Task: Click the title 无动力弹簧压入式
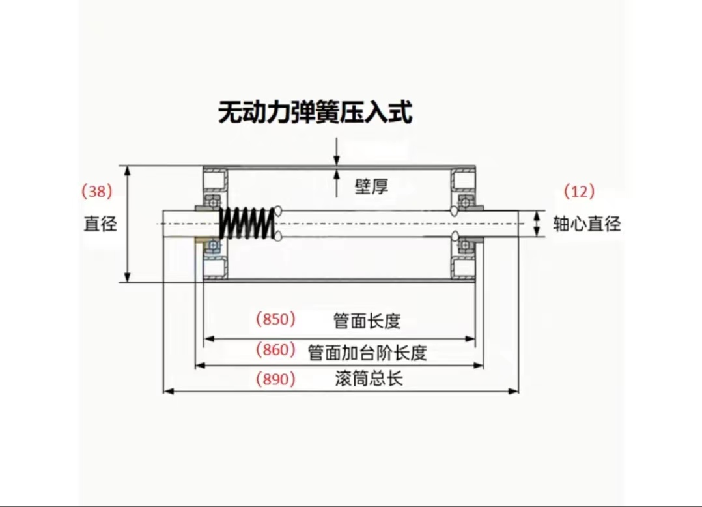pyautogui.click(x=315, y=113)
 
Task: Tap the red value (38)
pyautogui.click(x=97, y=191)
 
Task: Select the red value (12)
pyautogui.click(x=579, y=191)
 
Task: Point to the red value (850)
pyautogui.click(x=275, y=319)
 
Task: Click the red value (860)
pyautogui.click(x=275, y=350)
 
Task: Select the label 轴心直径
pyautogui.click(x=586, y=224)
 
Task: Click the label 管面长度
pyautogui.click(x=367, y=321)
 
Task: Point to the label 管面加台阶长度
pyautogui.click(x=367, y=353)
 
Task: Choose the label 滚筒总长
pyautogui.click(x=369, y=379)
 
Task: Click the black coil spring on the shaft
pyautogui.click(x=245, y=224)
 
